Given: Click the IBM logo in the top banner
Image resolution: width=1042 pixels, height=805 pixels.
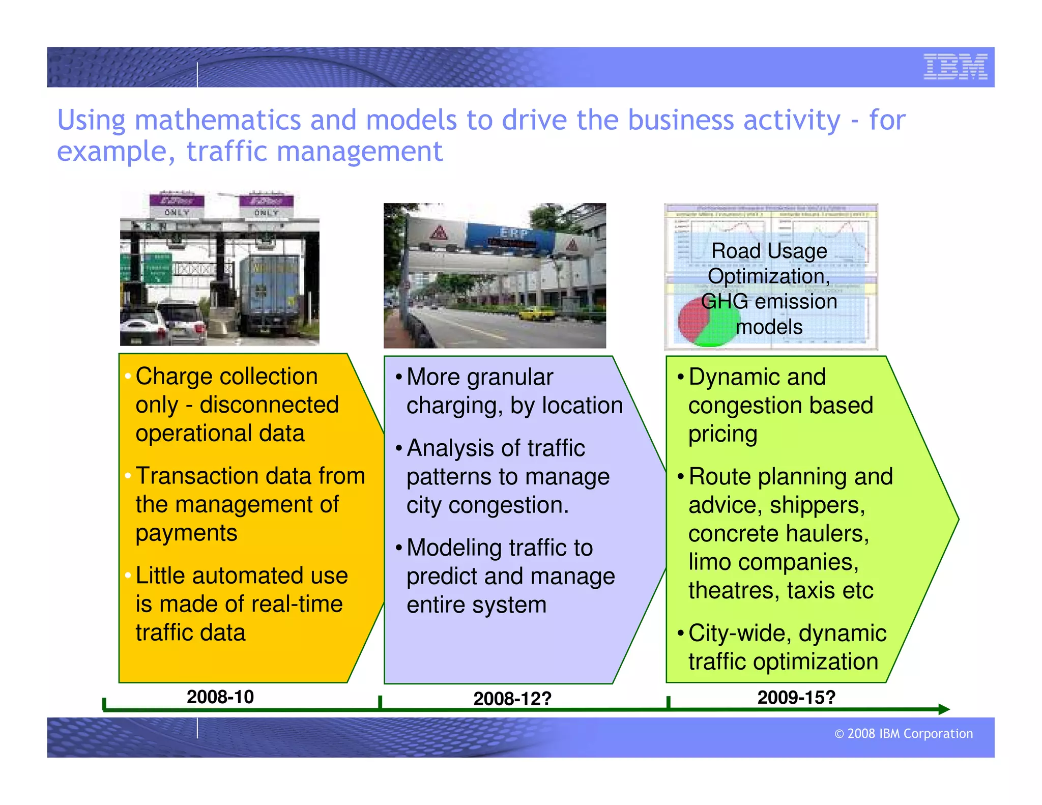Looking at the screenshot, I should [955, 67].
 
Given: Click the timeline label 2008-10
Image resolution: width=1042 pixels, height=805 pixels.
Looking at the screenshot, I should [220, 697].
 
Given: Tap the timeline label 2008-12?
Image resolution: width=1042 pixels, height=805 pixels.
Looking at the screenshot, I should [512, 699].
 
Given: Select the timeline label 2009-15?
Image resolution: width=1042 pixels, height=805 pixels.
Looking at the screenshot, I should [796, 697].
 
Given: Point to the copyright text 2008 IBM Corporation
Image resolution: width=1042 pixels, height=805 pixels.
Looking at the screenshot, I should [904, 733].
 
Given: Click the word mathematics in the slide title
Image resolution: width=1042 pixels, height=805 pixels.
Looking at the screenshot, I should [218, 120].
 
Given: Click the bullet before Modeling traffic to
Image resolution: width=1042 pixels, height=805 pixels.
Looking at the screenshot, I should [398, 548].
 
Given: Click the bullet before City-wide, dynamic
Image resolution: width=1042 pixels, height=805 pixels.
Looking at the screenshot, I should [680, 634].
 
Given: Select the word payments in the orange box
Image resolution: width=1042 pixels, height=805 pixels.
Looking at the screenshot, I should [186, 533].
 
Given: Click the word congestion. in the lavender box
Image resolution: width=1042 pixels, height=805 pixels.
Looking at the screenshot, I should [508, 505].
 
